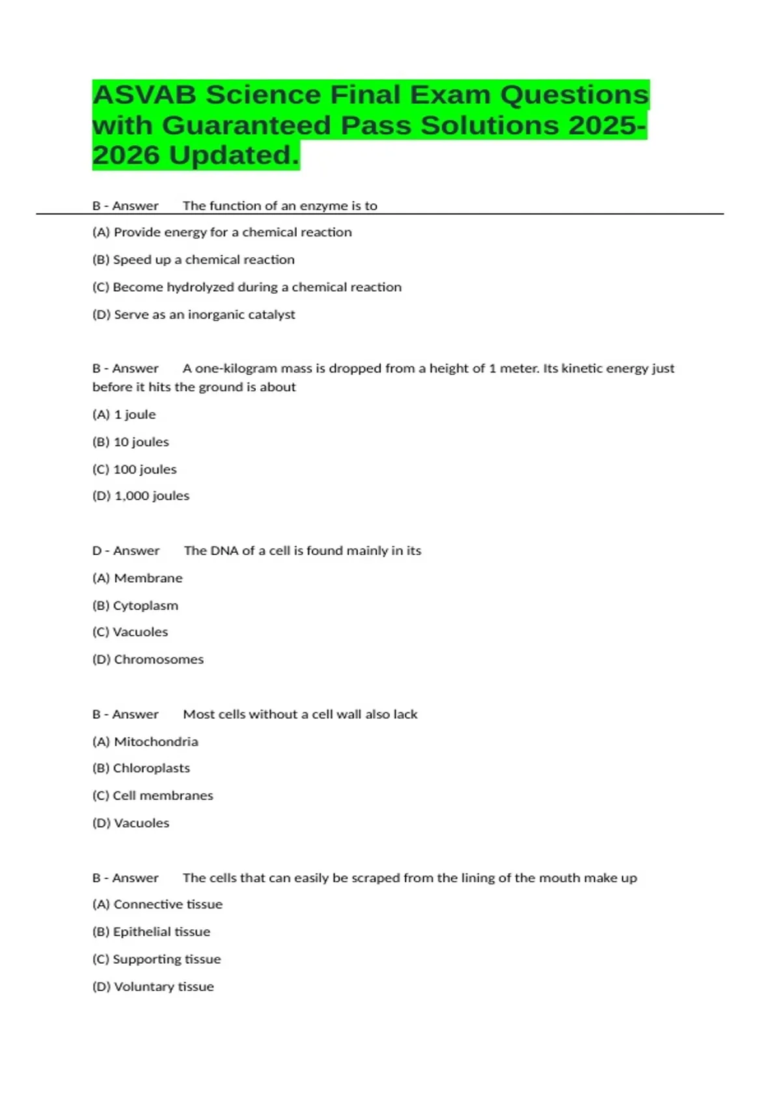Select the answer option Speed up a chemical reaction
tap(193, 260)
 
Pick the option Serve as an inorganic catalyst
tap(193, 315)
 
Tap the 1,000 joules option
tap(141, 496)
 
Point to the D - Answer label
tap(126, 551)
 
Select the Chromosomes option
tap(148, 660)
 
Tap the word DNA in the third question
tap(224, 551)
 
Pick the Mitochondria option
tap(145, 742)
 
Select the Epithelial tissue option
tap(151, 932)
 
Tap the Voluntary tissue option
tap(153, 987)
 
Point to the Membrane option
tap(137, 578)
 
